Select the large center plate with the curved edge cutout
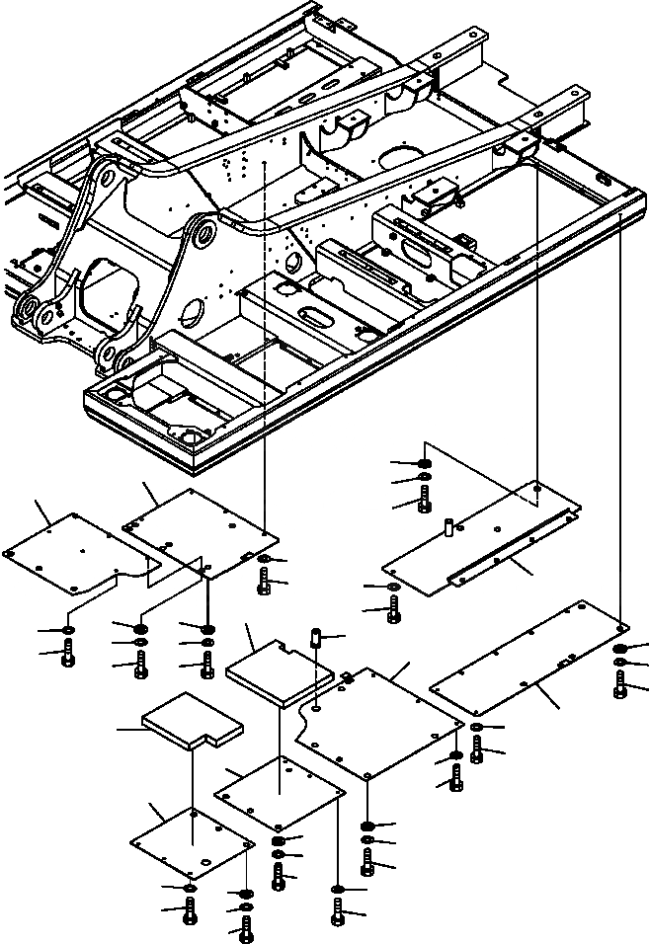pyautogui.click(x=380, y=716)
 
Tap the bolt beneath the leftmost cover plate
pyautogui.click(x=66, y=653)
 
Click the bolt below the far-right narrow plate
pyautogui.click(x=619, y=684)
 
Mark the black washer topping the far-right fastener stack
pyautogui.click(x=619, y=648)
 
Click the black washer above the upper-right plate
pyautogui.click(x=424, y=463)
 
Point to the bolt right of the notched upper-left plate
pyautogui.click(x=264, y=583)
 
